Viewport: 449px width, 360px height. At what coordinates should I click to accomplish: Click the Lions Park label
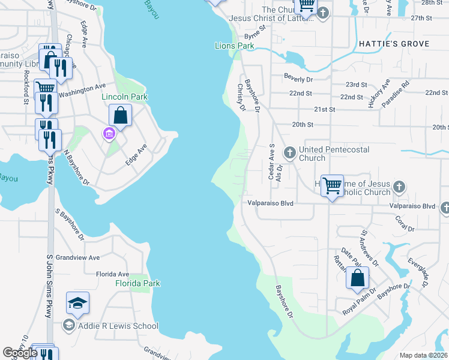[235, 46]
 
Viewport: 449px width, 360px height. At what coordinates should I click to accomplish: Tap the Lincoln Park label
[124, 97]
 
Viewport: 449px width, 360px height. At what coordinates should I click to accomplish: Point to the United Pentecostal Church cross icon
[289, 152]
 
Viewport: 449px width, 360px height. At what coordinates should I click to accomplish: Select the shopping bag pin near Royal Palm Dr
[357, 278]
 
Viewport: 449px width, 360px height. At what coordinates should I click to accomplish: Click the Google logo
[20, 353]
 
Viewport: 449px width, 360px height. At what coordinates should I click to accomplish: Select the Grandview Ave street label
[77, 257]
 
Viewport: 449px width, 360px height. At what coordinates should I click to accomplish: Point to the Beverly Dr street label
[298, 79]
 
